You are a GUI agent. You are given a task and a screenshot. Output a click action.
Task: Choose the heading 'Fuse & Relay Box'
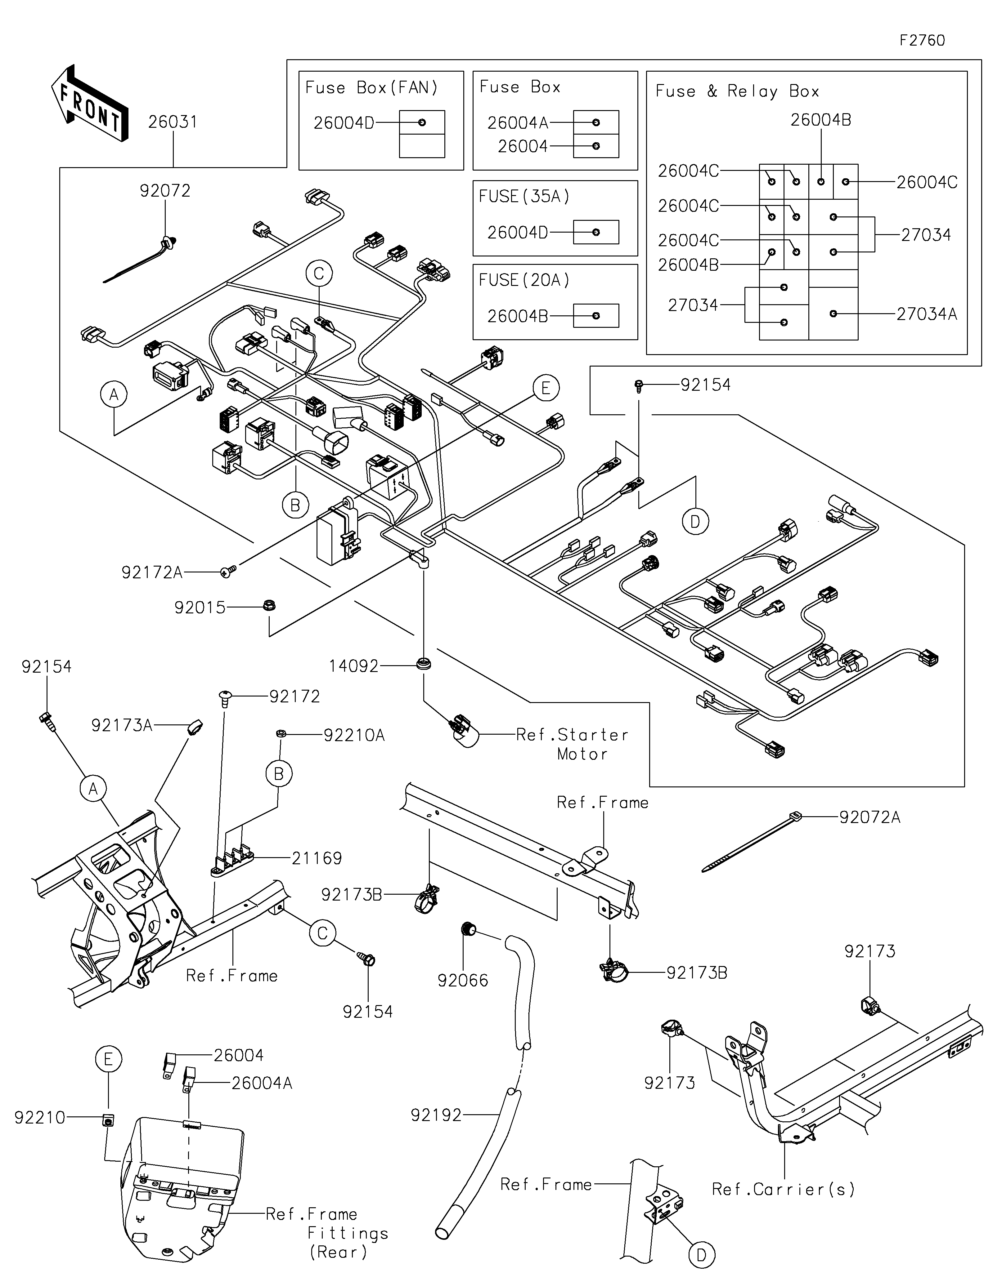(x=737, y=91)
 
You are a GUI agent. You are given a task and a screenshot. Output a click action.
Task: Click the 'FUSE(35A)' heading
(x=524, y=196)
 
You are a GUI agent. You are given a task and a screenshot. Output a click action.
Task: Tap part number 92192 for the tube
(x=436, y=1115)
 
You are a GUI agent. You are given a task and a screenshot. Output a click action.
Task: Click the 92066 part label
(x=463, y=980)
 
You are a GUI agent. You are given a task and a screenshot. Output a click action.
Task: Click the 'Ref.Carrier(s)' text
(x=783, y=1189)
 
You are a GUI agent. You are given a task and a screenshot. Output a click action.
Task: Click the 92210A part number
(x=354, y=735)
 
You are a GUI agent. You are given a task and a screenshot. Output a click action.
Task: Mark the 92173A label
(x=122, y=726)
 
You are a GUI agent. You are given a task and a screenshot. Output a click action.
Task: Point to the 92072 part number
(x=165, y=191)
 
